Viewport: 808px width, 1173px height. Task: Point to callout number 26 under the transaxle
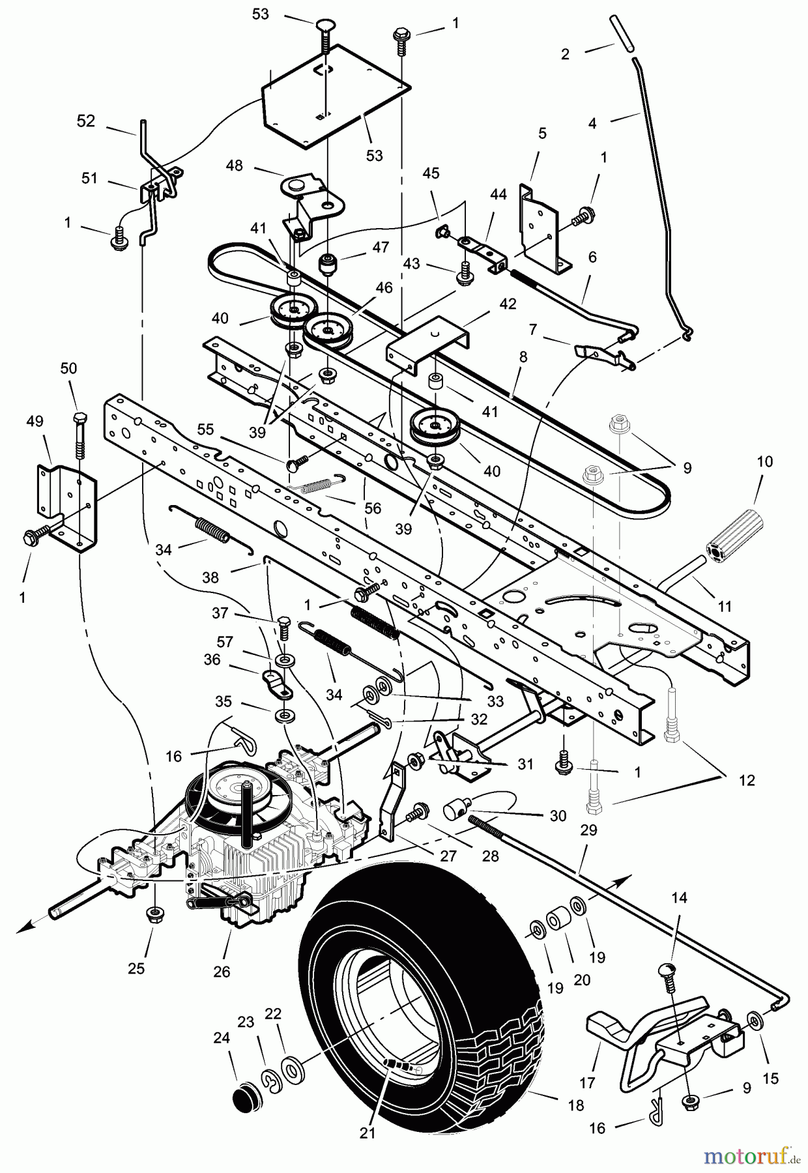pyautogui.click(x=222, y=972)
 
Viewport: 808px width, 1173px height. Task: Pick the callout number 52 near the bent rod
pyautogui.click(x=86, y=121)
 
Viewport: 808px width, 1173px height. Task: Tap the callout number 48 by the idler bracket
pyautogui.click(x=235, y=166)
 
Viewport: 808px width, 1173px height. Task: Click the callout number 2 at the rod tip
pyautogui.click(x=565, y=54)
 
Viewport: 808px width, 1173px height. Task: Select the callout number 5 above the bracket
pyautogui.click(x=542, y=134)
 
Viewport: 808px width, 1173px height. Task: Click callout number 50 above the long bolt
pyautogui.click(x=68, y=368)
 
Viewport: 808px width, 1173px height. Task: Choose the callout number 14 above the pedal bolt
pyautogui.click(x=679, y=898)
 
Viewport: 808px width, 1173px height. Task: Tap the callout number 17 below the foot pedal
pyautogui.click(x=587, y=1083)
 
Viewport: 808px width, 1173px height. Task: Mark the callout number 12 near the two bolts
pyautogui.click(x=747, y=780)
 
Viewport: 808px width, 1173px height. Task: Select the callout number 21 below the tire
pyautogui.click(x=368, y=1151)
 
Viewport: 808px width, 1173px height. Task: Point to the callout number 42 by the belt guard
pyautogui.click(x=508, y=304)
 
